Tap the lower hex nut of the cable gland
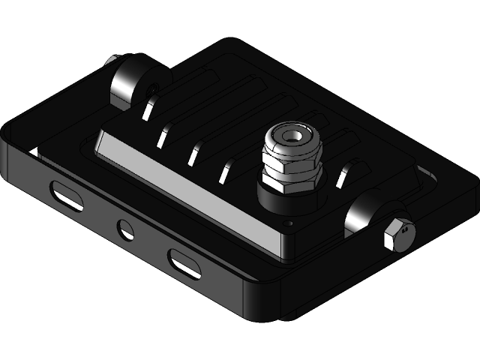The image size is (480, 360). pos(292,181)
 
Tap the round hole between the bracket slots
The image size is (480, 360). pos(124,228)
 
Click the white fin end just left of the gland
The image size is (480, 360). pos(225,173)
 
